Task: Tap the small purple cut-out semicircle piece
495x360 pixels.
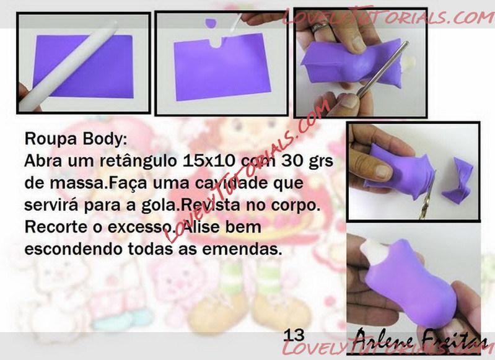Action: (210, 23)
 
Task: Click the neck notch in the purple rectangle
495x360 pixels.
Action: (217, 42)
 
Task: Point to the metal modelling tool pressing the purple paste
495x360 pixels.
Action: (383, 69)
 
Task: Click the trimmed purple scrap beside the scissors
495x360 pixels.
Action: (458, 181)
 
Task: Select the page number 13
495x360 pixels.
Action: (294, 335)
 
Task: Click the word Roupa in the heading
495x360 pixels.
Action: (50, 139)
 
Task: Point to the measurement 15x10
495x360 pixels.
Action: (209, 160)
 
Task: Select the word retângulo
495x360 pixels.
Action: (138, 162)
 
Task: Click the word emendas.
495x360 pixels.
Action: (242, 249)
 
